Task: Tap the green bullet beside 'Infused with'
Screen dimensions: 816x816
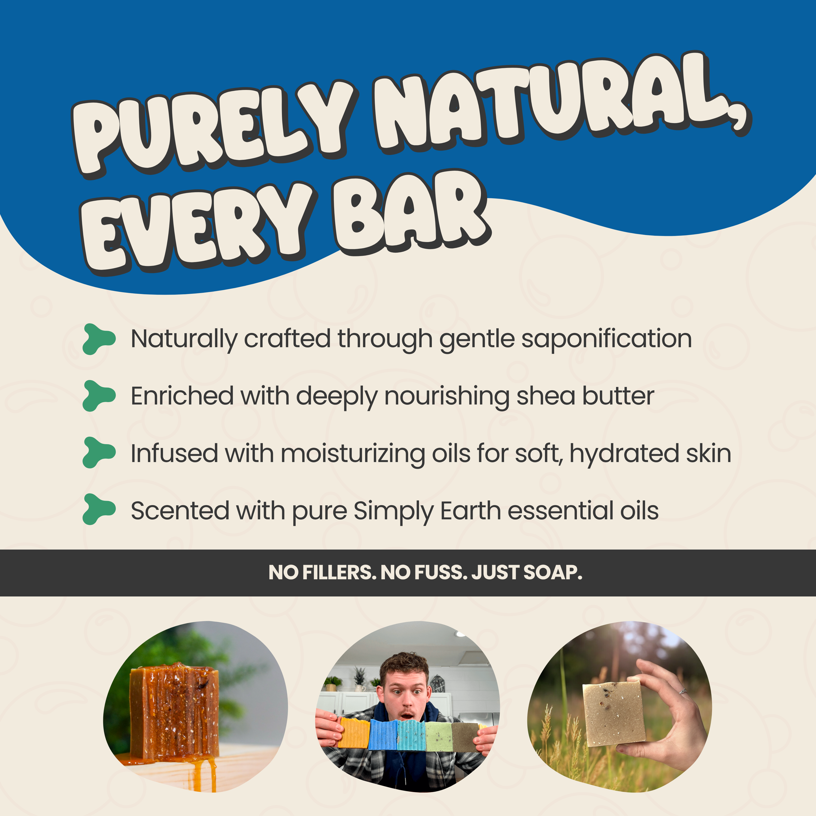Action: click(x=99, y=453)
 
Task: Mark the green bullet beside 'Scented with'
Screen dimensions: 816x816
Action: click(x=99, y=509)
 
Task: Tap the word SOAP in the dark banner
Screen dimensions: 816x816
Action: click(x=553, y=573)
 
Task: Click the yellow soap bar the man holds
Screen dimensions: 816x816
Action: click(x=354, y=733)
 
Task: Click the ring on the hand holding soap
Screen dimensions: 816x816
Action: click(x=682, y=691)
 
